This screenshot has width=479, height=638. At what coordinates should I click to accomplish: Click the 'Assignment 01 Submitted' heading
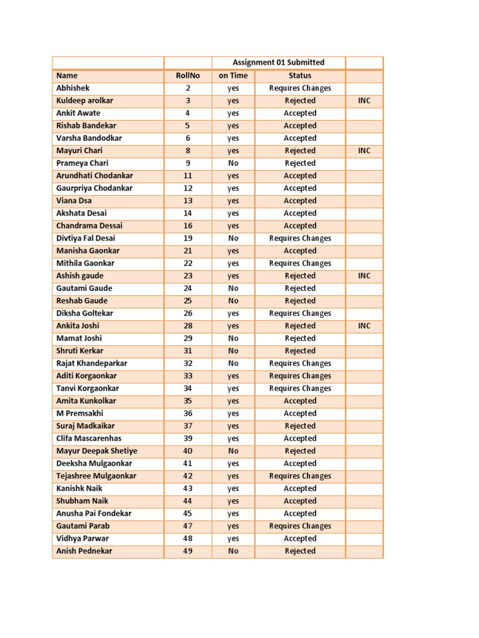pyautogui.click(x=278, y=62)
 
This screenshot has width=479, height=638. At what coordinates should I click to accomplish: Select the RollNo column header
pyautogui.click(x=188, y=75)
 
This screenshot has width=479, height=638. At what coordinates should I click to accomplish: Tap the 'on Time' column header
pyautogui.click(x=233, y=75)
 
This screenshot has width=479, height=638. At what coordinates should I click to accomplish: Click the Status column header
pyautogui.click(x=300, y=75)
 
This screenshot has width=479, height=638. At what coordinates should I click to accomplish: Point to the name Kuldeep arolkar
pyautogui.click(x=85, y=100)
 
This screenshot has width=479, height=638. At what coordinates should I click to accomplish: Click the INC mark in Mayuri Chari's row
pyautogui.click(x=364, y=151)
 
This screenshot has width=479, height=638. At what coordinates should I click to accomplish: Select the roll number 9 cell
pyautogui.click(x=188, y=163)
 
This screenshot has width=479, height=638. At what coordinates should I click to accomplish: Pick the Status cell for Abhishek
pyautogui.click(x=300, y=88)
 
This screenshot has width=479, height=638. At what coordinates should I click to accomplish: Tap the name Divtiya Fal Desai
pyautogui.click(x=85, y=238)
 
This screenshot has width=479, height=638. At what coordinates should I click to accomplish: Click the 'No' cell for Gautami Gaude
pyautogui.click(x=233, y=288)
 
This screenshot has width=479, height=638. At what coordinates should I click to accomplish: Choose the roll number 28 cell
pyautogui.click(x=188, y=326)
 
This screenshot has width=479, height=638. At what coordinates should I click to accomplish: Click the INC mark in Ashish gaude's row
pyautogui.click(x=364, y=275)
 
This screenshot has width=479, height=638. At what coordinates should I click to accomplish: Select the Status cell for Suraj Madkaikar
pyautogui.click(x=300, y=426)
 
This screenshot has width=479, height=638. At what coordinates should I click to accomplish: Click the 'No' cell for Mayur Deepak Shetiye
pyautogui.click(x=233, y=451)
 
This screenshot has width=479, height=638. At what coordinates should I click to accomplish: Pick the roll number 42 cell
pyautogui.click(x=188, y=476)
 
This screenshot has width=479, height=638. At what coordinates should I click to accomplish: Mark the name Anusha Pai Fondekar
pyautogui.click(x=94, y=513)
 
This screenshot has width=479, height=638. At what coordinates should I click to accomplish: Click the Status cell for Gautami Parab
pyautogui.click(x=300, y=526)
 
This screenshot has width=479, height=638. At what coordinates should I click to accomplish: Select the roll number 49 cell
pyautogui.click(x=188, y=551)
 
